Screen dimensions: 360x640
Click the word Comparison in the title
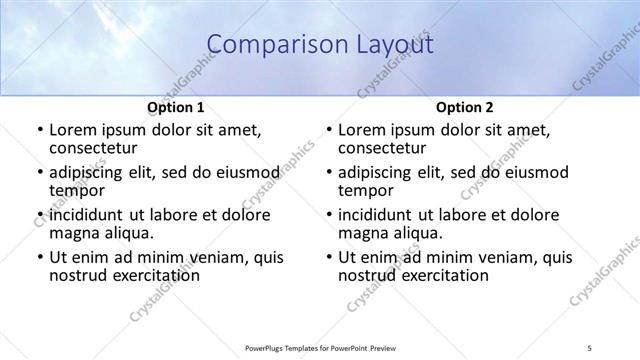point(265,44)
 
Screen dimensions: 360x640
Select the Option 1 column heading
point(176,107)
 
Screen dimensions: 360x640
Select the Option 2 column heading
point(465,107)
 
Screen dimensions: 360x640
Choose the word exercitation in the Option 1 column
point(150,275)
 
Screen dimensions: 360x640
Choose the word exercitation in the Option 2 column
point(439,275)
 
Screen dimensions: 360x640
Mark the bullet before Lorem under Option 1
point(39,130)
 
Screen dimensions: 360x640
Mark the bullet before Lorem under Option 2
point(328,130)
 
